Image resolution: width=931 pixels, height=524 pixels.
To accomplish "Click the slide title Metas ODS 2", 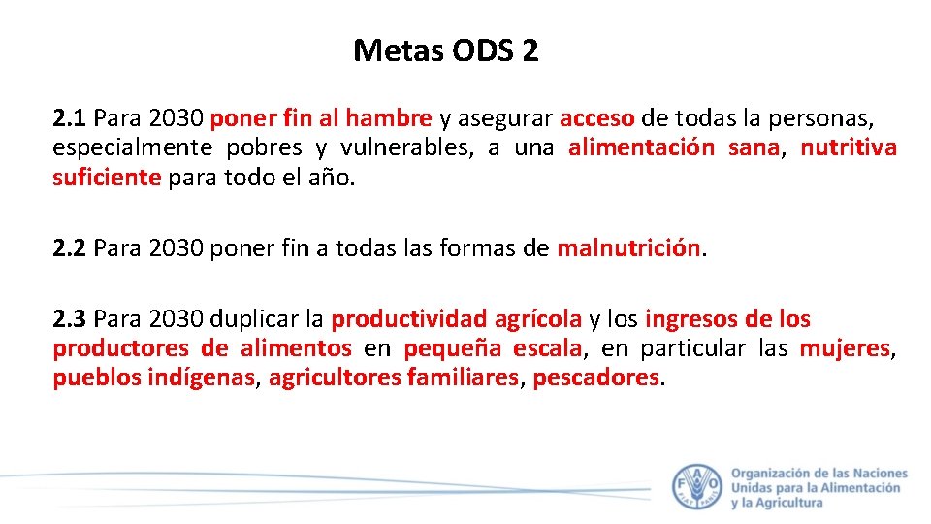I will pos(446,49).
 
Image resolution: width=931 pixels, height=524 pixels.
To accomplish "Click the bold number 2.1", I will pos(71,119).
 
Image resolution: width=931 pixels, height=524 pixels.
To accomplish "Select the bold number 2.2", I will pos(71,248).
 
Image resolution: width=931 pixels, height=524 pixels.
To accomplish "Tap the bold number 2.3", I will pos(71,319).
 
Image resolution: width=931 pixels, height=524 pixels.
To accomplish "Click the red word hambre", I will pos(389,119).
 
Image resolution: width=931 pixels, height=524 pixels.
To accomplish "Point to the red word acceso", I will pos(597,119).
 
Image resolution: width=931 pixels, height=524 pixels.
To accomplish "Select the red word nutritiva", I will pos(849,148).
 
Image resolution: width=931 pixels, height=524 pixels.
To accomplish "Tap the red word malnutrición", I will pos(628,248).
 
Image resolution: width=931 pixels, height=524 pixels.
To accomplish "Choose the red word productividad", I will pos(409,319).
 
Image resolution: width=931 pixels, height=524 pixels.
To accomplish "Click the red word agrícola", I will pos(538,319).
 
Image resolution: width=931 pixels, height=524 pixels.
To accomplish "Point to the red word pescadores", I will pos(596,377).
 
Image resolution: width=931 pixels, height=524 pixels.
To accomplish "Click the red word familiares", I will pos(464,377).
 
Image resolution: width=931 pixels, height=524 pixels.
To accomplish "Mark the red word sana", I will pos(754,148).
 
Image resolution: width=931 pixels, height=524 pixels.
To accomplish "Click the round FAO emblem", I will pos(696,485).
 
